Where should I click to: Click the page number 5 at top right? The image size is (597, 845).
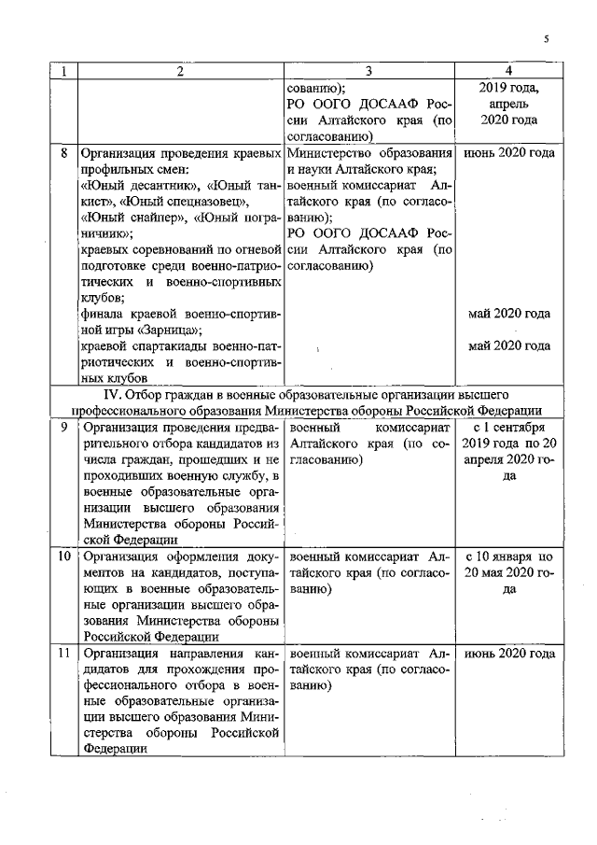pos(547,38)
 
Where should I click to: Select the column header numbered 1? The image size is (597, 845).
pos(63,71)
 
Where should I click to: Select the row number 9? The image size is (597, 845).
pos(62,427)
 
